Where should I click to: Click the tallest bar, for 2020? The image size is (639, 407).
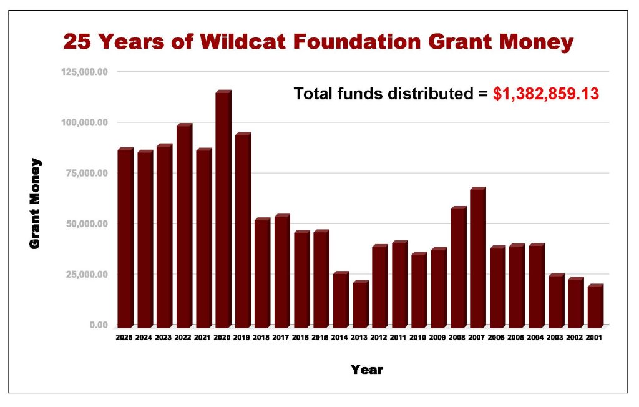tap(224, 208)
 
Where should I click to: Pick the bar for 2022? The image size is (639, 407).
tap(184, 225)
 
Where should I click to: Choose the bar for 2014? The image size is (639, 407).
tap(341, 299)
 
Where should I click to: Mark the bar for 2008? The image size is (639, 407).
tap(459, 267)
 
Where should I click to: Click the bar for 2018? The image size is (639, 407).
tap(263, 272)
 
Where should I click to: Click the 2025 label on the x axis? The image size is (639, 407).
tap(124, 338)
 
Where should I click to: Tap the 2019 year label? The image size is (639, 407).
tap(241, 338)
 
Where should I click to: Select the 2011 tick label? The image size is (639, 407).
tap(398, 338)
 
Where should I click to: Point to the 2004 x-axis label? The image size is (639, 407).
tap(535, 338)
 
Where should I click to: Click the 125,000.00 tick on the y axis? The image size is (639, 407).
tap(85, 72)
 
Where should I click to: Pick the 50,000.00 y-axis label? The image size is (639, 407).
tap(87, 224)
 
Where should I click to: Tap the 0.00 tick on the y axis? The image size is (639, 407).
tap(99, 325)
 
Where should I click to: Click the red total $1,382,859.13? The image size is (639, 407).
tap(546, 94)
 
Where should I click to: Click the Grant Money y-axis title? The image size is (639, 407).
tap(35, 203)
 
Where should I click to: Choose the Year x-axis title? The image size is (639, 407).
tap(367, 370)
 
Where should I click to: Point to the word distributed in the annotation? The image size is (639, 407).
tap(431, 94)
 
